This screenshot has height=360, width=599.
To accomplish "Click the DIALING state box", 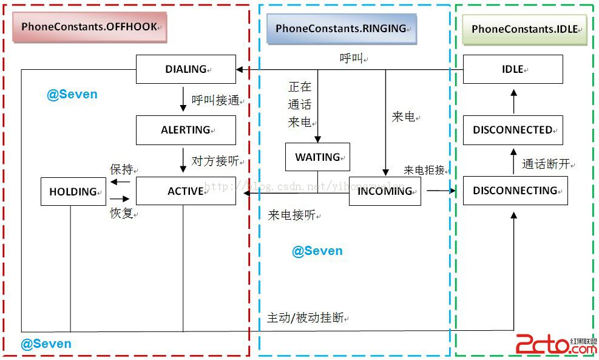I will point(186,69).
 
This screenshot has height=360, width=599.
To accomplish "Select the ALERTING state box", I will point(186,130).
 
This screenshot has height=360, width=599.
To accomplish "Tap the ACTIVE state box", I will point(186,191).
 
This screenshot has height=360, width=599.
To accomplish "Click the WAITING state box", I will point(317,157).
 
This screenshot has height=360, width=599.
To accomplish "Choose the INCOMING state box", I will point(385,191).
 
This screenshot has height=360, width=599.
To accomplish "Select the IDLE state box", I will point(513,69).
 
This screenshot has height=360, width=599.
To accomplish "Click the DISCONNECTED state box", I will point(513,130).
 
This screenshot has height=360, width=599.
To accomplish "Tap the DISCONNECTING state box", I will point(515,191).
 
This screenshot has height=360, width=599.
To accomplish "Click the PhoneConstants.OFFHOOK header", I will point(89,27).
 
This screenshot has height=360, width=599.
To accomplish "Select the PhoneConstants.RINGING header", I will point(341,29).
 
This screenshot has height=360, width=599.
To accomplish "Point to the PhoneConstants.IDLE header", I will point(525,29).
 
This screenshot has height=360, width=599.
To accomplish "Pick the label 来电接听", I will point(293,215).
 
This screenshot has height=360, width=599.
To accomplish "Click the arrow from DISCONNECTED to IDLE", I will point(513,102).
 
